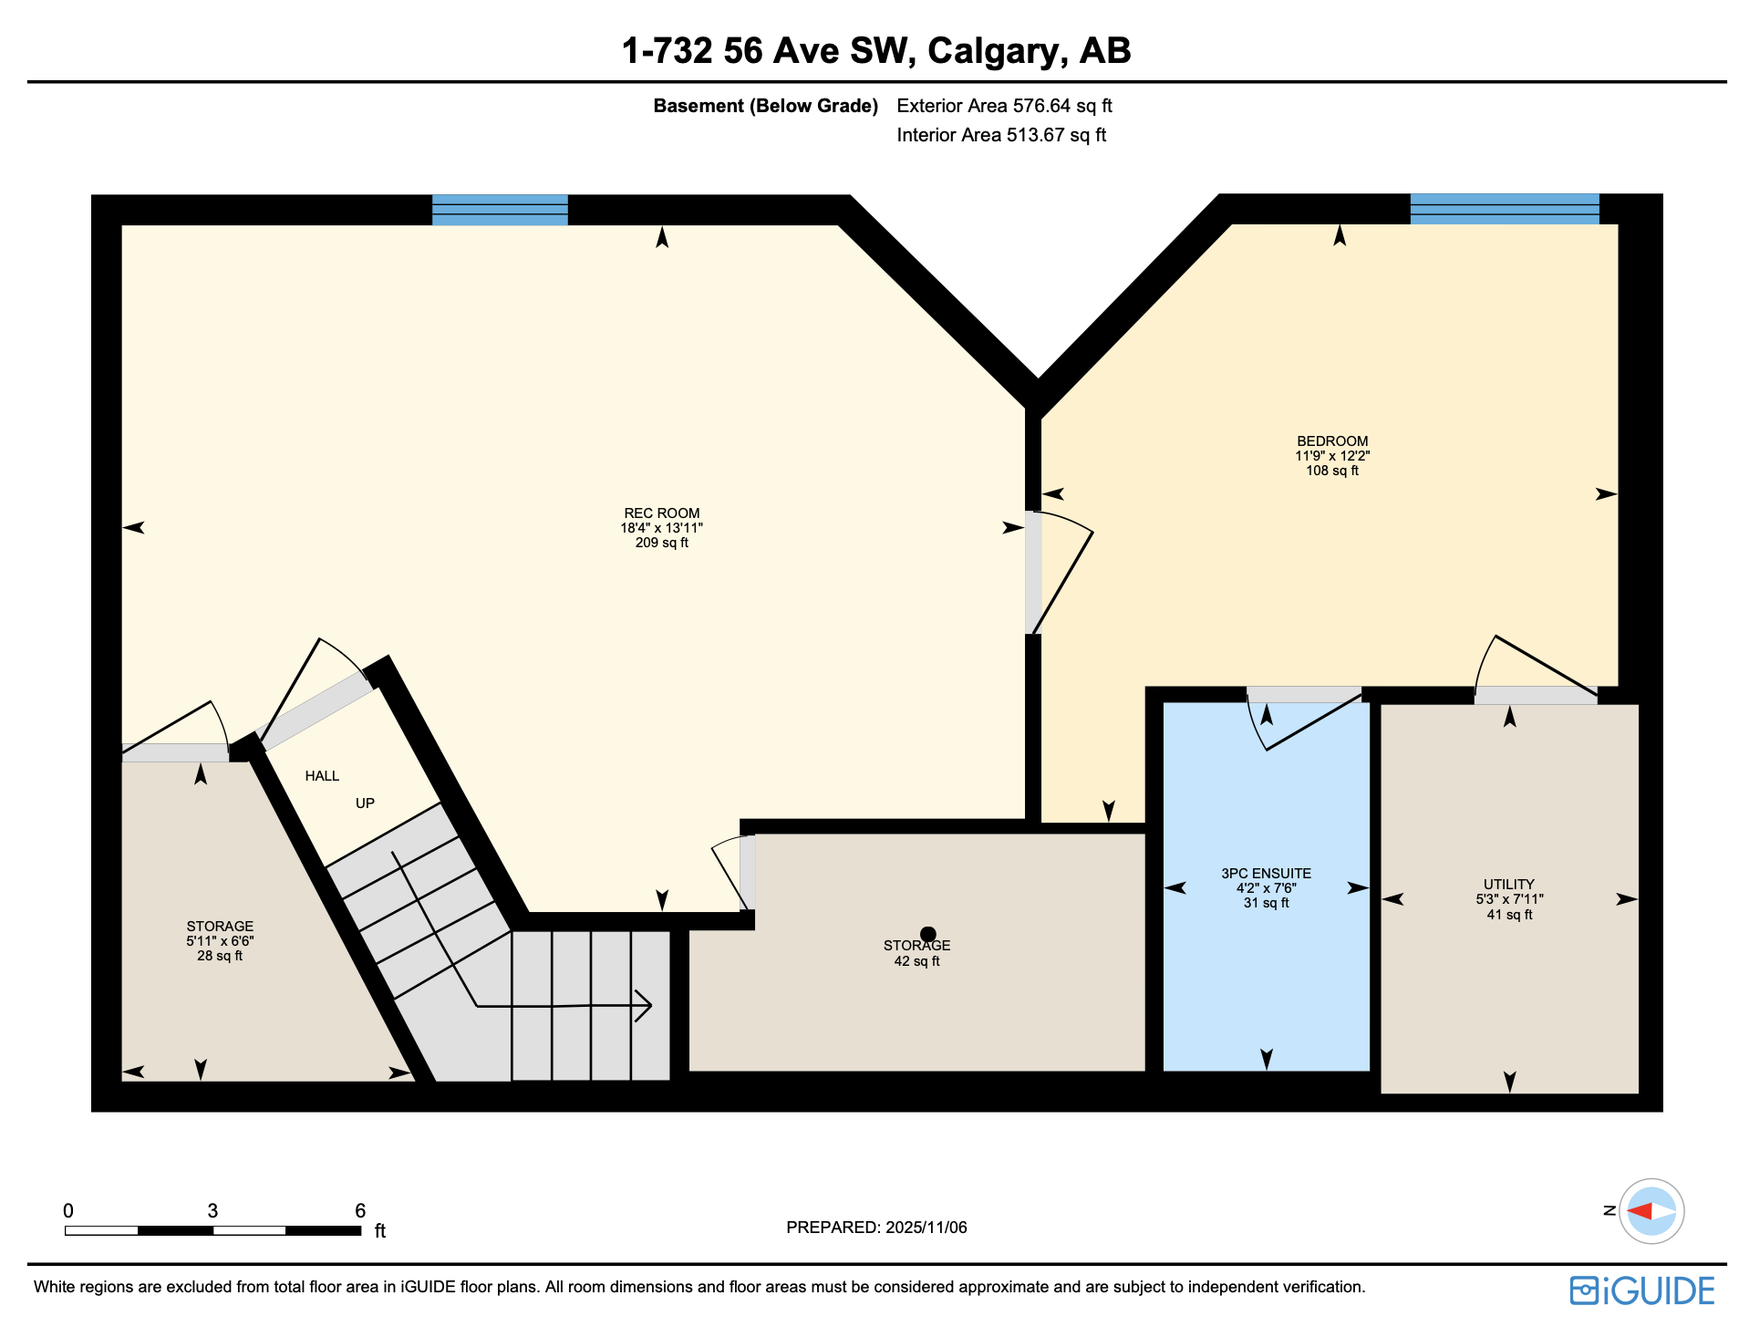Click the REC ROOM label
[x=661, y=513]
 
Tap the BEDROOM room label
[x=1332, y=441]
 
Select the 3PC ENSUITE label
[x=1266, y=874]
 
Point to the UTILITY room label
[x=1508, y=885]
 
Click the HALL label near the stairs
[x=322, y=776]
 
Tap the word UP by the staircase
[x=365, y=803]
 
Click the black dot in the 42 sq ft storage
[x=928, y=934]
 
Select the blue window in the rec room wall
[x=500, y=210]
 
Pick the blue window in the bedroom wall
[x=1505, y=209]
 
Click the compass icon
[x=1651, y=1211]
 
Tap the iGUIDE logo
[x=1641, y=1290]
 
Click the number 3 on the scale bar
[x=212, y=1211]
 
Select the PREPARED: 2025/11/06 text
[x=876, y=1228]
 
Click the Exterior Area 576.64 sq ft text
[x=1004, y=106]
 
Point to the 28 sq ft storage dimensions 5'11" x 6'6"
[x=220, y=941]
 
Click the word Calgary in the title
[x=998, y=51]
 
